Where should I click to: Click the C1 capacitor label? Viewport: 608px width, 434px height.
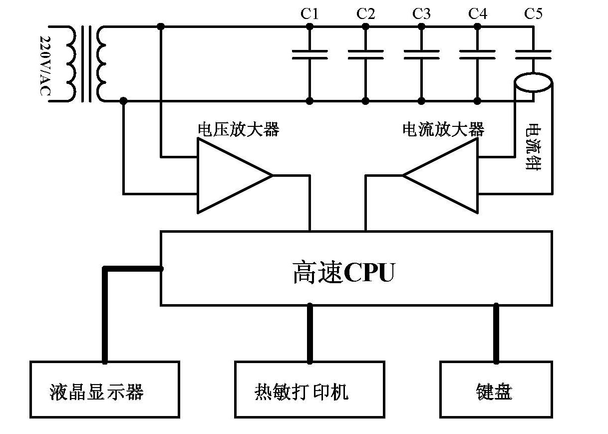pyautogui.click(x=309, y=13)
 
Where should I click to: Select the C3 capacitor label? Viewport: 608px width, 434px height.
pyautogui.click(x=421, y=13)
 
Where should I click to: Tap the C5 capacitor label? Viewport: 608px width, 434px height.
pyautogui.click(x=533, y=13)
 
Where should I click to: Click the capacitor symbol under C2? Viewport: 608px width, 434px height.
pyautogui.click(x=365, y=54)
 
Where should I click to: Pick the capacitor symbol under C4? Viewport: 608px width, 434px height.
pyautogui.click(x=477, y=54)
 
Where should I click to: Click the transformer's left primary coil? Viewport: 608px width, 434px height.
pyautogui.click(x=70, y=64)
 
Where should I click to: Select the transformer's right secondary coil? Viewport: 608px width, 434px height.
pyautogui.click(x=102, y=64)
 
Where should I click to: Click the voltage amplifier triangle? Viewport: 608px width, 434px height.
pyautogui.click(x=230, y=176)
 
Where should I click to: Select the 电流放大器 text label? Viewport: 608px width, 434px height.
pyautogui.click(x=443, y=130)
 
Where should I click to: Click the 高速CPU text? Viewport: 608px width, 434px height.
pyautogui.click(x=343, y=273)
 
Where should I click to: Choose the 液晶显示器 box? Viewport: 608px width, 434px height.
pyautogui.click(x=105, y=389)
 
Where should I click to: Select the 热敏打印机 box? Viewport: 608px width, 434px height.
pyautogui.click(x=309, y=389)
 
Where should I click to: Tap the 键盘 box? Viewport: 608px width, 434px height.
pyautogui.click(x=496, y=389)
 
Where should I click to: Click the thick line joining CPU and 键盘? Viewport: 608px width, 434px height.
pyautogui.click(x=496, y=333)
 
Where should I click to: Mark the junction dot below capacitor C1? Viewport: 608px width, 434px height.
pyautogui.click(x=309, y=101)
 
